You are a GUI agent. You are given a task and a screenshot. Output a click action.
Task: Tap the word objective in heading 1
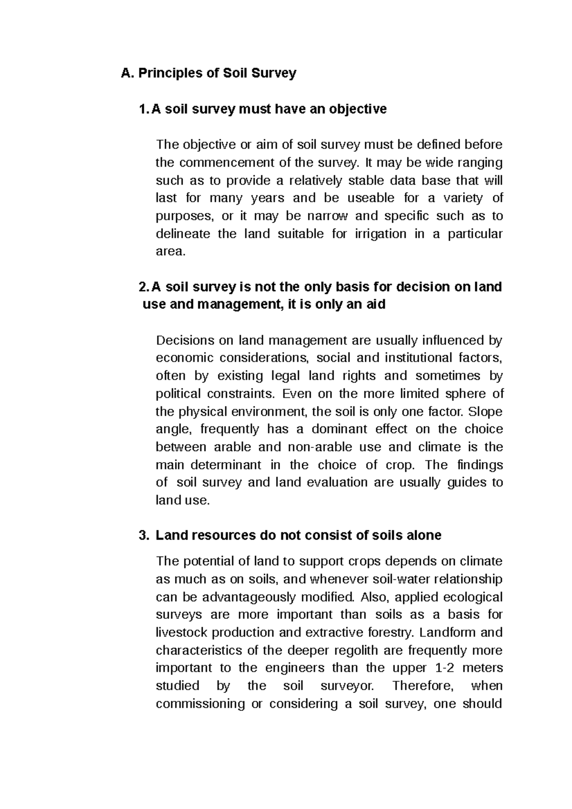click(356, 110)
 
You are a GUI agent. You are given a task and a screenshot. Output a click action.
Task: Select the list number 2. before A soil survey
click(143, 287)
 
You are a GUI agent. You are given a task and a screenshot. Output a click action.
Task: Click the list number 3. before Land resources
click(144, 536)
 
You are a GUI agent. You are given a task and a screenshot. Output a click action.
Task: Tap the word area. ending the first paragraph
click(170, 252)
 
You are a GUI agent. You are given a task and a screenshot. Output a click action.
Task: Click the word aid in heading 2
click(375, 304)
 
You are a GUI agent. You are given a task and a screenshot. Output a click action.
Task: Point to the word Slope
click(486, 412)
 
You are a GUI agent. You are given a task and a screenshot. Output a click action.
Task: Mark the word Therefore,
click(424, 686)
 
